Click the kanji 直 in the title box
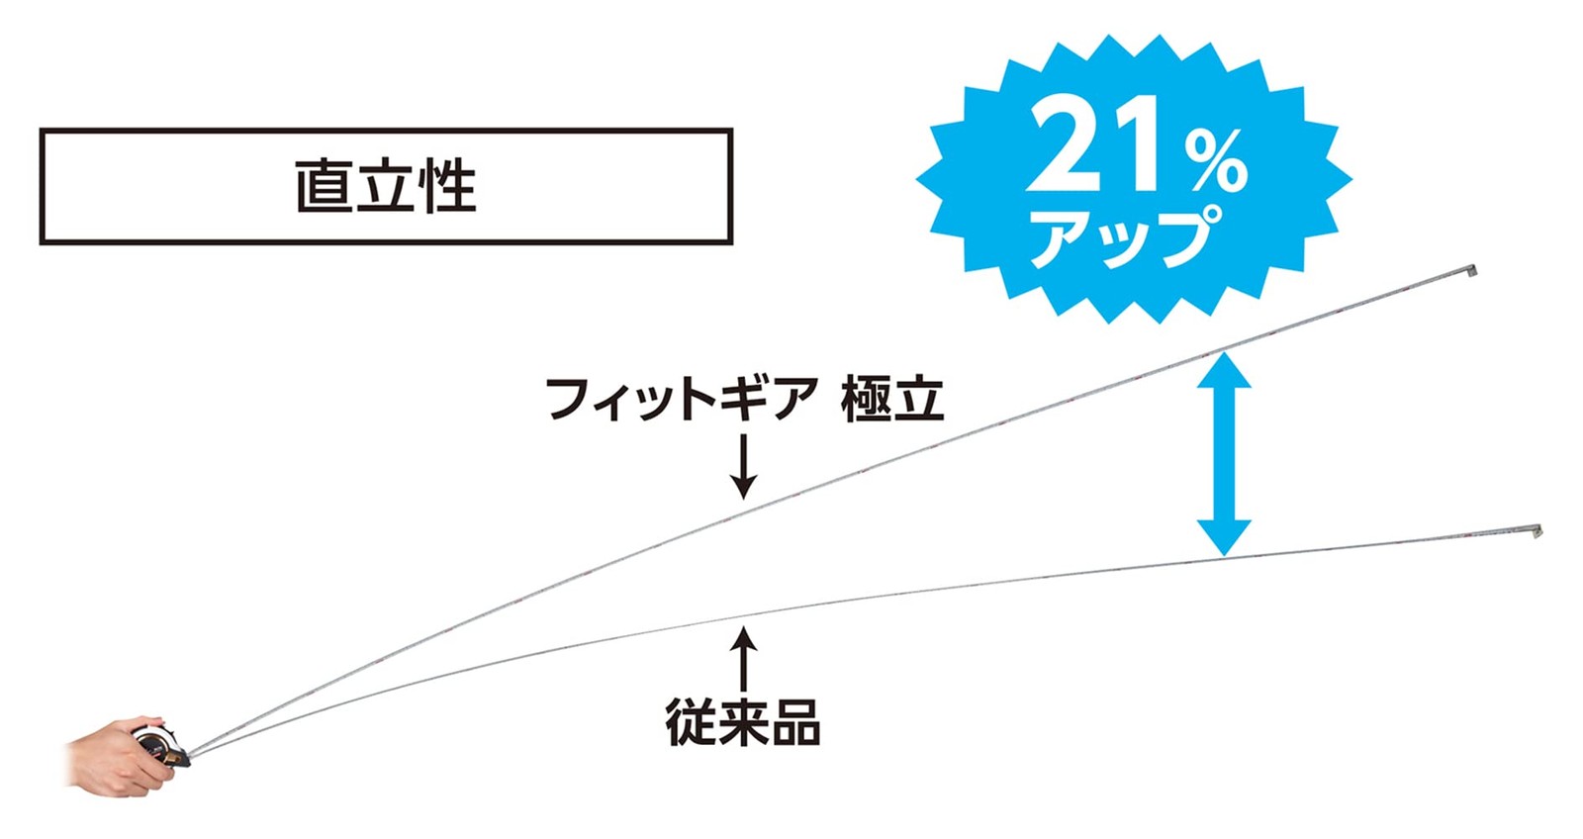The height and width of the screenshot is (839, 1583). coord(323,187)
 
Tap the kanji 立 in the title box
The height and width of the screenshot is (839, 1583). coord(386,187)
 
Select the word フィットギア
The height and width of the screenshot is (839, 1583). coord(682,400)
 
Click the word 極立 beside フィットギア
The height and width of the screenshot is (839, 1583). coord(892,400)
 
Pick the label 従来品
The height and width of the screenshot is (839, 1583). coord(743,722)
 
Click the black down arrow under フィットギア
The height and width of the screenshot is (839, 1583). coord(743,467)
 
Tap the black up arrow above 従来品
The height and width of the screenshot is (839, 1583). coord(743,658)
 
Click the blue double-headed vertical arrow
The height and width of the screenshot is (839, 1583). coord(1224,454)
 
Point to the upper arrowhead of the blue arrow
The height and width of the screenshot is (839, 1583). coord(1224,370)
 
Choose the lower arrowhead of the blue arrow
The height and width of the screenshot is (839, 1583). coord(1224,538)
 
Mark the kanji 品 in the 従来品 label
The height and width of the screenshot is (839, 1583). coord(795,722)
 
